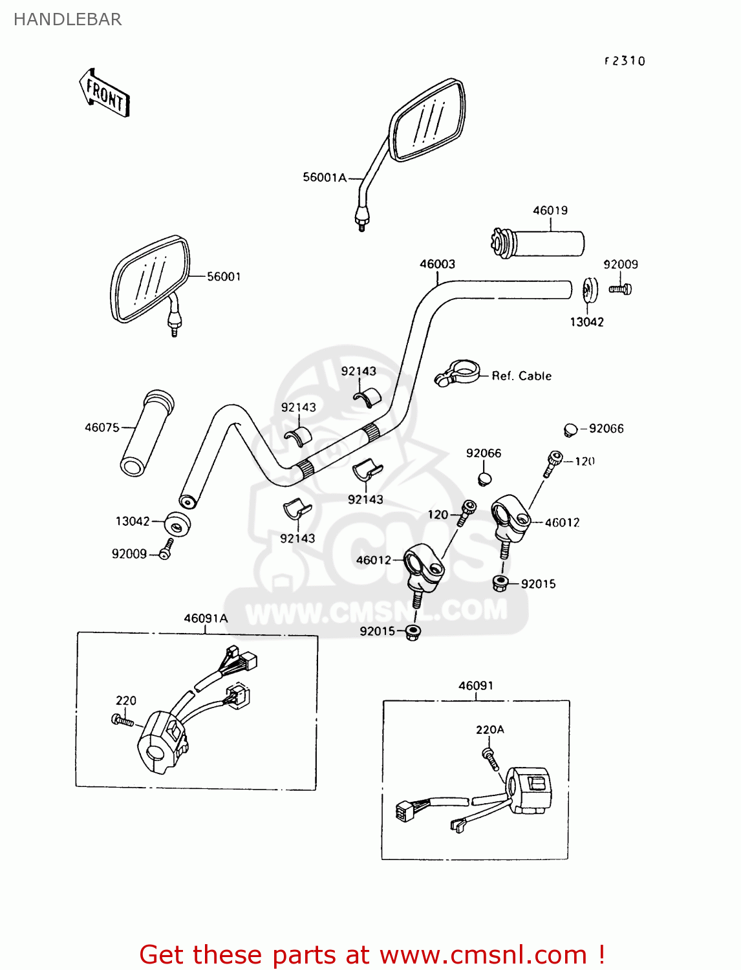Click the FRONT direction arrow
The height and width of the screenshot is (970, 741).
pyautogui.click(x=105, y=94)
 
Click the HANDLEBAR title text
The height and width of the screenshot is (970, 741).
pyautogui.click(x=67, y=19)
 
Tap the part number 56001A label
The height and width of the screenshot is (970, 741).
pyautogui.click(x=325, y=177)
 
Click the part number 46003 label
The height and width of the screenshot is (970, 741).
pyautogui.click(x=437, y=264)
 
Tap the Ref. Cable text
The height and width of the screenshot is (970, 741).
pyautogui.click(x=521, y=376)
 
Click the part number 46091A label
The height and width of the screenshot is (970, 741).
pyautogui.click(x=206, y=618)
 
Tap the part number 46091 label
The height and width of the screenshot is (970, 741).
pyautogui.click(x=476, y=685)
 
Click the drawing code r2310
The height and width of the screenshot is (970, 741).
pyautogui.click(x=625, y=61)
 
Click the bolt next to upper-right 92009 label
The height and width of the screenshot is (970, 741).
pyautogui.click(x=621, y=289)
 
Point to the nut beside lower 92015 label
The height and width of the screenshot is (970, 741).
pyautogui.click(x=413, y=632)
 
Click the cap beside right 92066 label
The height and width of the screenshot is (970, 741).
pyautogui.click(x=570, y=429)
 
